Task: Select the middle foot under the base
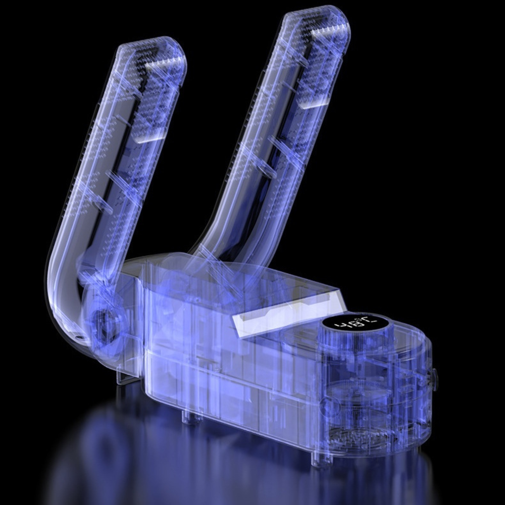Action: pos(187,417)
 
